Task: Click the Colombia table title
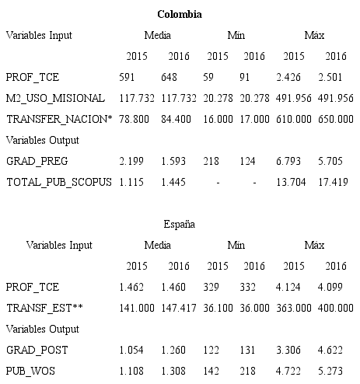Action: click(180, 15)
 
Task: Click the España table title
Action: click(179, 224)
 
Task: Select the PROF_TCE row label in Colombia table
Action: click(32, 77)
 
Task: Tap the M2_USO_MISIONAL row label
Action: click(55, 98)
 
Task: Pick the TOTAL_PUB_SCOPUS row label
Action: click(58, 182)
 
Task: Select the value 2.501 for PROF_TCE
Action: click(335, 77)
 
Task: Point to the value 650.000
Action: click(335, 119)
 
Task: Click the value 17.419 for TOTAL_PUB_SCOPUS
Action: click(335, 182)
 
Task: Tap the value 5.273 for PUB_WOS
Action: click(335, 371)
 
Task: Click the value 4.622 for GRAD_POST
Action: click(335, 350)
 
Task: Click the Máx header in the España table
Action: click(314, 245)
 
